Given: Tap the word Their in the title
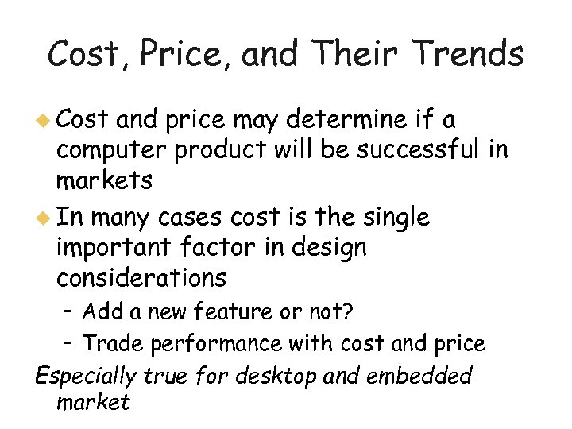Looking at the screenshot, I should coord(342,54).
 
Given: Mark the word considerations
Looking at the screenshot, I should coord(141,279).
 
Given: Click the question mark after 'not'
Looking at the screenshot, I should coord(347,311).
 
